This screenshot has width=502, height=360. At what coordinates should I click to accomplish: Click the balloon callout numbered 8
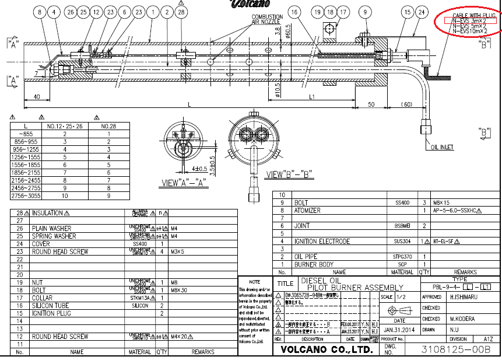[40, 12]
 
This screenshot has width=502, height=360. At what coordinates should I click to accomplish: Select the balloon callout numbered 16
[294, 12]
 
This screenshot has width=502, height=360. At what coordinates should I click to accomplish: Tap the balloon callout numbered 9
[366, 12]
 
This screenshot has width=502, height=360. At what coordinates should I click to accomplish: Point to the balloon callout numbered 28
[181, 12]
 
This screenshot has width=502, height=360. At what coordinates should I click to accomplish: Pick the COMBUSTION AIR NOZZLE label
[267, 19]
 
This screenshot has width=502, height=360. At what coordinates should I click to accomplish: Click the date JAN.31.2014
[399, 328]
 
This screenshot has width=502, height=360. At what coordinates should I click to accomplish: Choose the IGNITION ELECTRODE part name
[322, 241]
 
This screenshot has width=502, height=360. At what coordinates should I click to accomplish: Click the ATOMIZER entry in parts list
[307, 211]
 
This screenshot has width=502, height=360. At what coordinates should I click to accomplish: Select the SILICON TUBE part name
[50, 306]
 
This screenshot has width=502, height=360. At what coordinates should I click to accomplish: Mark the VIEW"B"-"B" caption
[290, 174]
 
